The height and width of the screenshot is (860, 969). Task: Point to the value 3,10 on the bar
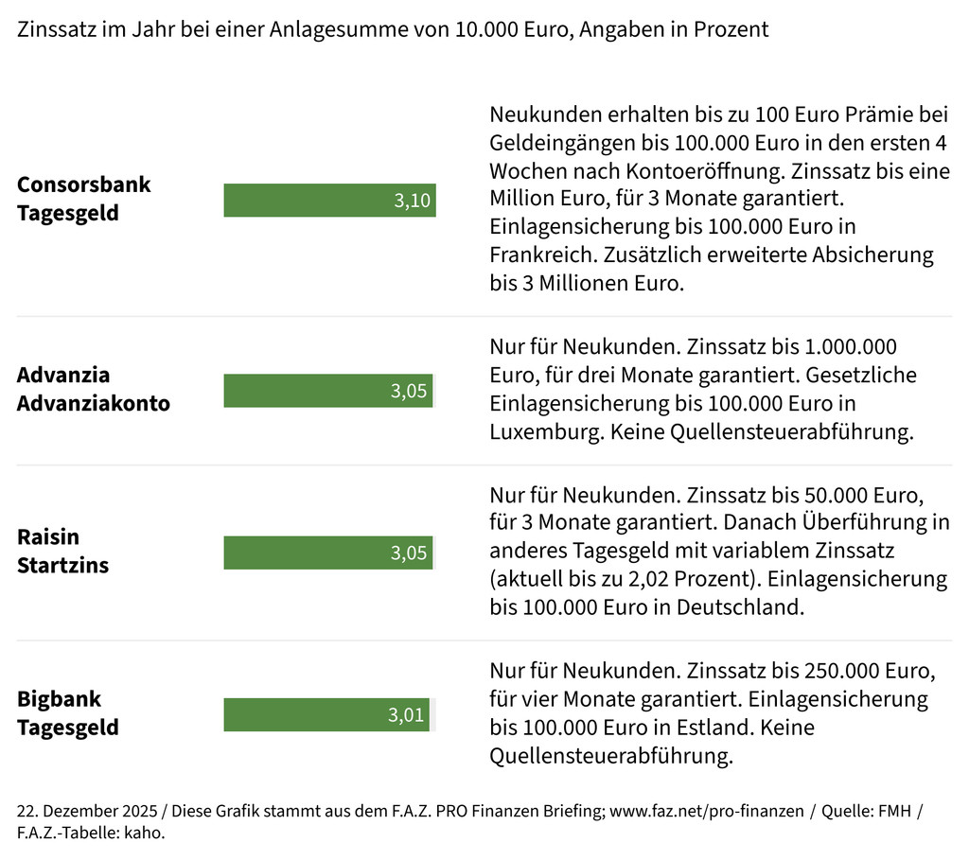413,202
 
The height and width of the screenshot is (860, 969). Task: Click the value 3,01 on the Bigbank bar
407,715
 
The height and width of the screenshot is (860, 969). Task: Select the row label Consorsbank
84,184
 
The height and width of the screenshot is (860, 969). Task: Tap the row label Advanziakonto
94,404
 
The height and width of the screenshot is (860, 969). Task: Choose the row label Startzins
62,566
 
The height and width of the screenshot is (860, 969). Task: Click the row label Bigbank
59,700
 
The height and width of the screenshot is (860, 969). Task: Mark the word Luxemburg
544,432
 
